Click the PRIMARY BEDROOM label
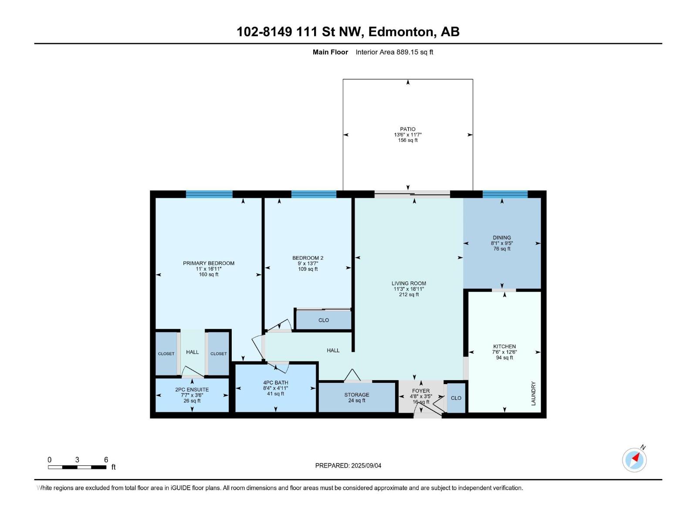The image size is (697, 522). tap(209, 263)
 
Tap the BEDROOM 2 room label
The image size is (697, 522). tap(308, 258)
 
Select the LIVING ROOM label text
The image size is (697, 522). tap(409, 283)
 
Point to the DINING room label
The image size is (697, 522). tap(502, 238)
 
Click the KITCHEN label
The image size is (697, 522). tap(504, 346)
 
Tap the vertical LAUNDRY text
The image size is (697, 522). tap(534, 393)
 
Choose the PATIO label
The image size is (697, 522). tap(408, 129)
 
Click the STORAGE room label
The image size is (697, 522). tap(357, 395)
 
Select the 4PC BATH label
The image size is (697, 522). tap(276, 382)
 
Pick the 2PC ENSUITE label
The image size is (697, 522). tap(192, 389)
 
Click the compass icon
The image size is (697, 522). tap(634, 460)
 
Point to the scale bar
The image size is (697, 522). tap(77, 467)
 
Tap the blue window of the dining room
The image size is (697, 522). tap(505, 194)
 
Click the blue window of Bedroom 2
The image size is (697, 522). tap(314, 194)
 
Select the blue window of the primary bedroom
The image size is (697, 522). tap(209, 194)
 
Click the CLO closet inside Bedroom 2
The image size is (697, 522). tap(324, 320)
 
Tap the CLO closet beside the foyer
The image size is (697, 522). tap(456, 398)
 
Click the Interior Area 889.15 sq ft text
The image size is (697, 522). tap(394, 52)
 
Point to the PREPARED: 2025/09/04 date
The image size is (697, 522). tap(348, 465)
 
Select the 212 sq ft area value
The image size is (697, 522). tap(409, 294)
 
